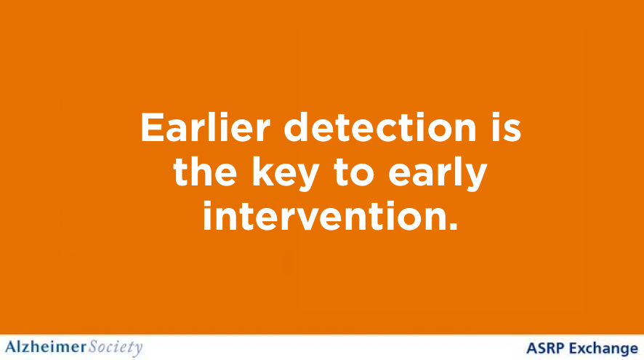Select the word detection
[377, 128]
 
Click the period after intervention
[454, 226]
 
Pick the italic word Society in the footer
[116, 347]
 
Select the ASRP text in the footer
[544, 348]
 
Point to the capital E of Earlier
[150, 128]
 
